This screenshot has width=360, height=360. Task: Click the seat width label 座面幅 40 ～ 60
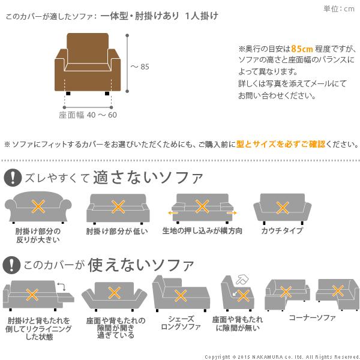88,114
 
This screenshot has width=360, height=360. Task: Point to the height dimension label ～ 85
140,67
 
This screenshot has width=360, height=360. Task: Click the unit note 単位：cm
339,8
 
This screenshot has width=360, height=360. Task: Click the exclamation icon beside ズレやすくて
11,178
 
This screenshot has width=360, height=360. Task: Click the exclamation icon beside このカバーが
11,264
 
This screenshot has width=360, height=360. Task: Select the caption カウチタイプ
282,231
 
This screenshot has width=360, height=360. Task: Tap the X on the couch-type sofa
283,207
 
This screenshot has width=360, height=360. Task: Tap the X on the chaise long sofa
179,295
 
